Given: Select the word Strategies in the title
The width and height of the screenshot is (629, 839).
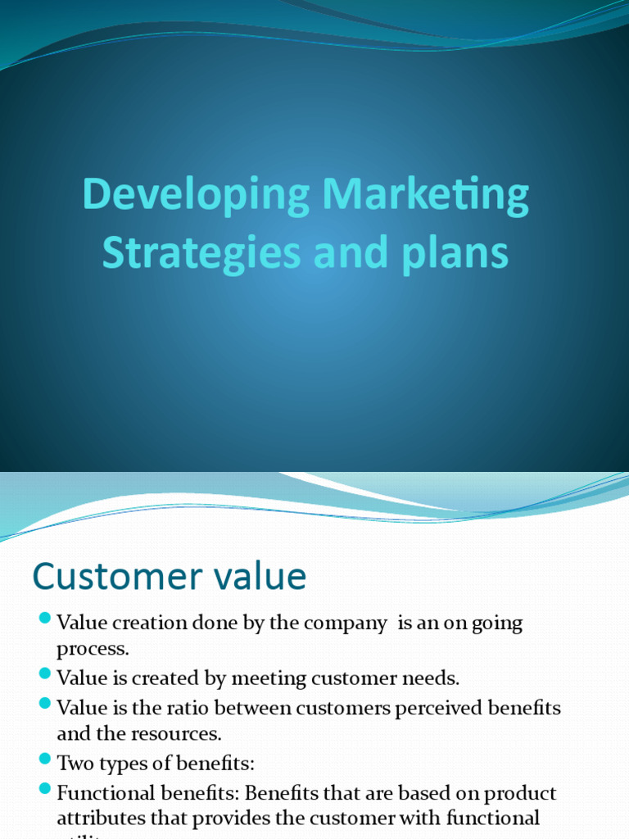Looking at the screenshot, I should [x=201, y=252].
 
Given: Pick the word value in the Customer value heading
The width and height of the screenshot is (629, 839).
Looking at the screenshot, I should [x=260, y=577].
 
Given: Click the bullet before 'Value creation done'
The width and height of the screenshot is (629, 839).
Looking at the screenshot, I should [x=45, y=618].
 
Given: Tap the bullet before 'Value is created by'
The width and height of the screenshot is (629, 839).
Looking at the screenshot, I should [x=45, y=673].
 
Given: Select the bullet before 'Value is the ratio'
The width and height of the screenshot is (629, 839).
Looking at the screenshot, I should [x=45, y=703].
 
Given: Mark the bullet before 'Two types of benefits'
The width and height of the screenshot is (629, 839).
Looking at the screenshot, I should [x=45, y=759].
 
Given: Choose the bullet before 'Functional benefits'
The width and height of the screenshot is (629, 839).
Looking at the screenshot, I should [x=45, y=788].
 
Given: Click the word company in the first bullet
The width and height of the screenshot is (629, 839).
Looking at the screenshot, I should [x=345, y=624].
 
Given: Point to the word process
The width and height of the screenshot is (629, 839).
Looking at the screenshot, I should [x=93, y=650].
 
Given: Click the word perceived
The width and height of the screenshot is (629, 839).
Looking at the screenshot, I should [x=437, y=707].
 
